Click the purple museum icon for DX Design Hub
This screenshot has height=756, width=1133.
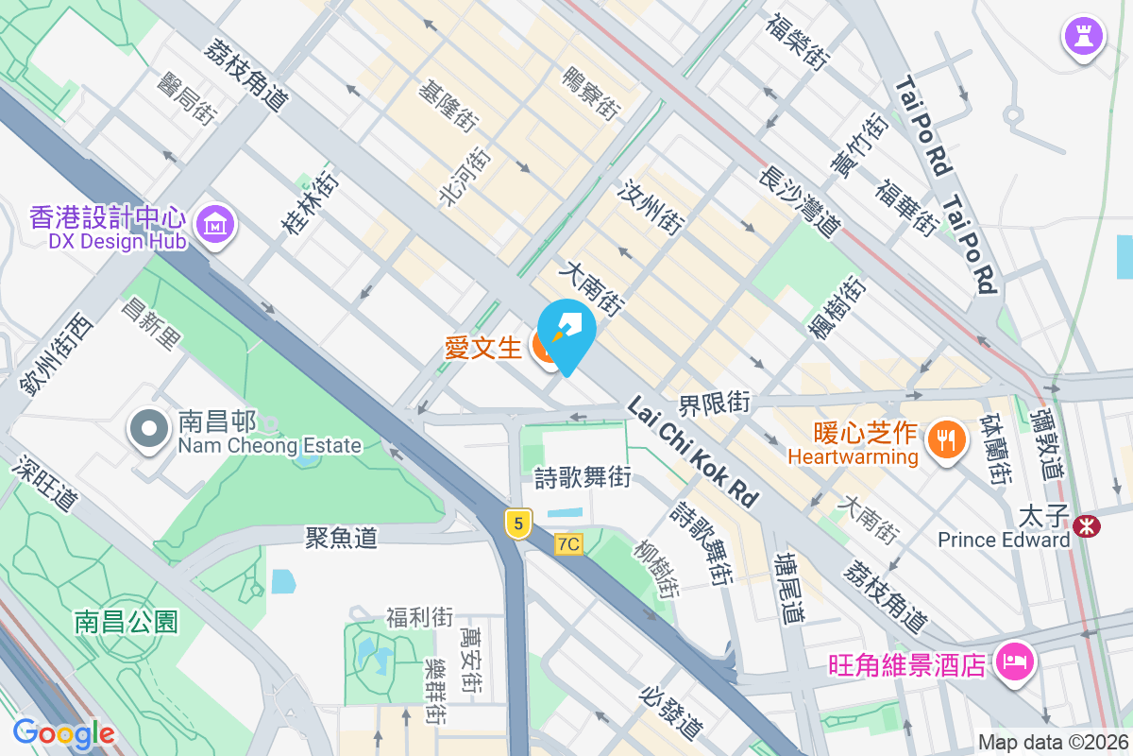(217, 224)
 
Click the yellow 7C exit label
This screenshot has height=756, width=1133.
(568, 543)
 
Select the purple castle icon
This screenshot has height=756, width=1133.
(1083, 37)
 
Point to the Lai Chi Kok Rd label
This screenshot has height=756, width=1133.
(694, 452)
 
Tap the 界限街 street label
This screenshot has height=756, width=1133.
(713, 404)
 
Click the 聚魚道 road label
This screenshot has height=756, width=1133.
(341, 538)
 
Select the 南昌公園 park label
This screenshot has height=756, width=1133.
(127, 621)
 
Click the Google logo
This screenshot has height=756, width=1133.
(63, 732)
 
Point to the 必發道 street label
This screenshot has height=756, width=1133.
(671, 713)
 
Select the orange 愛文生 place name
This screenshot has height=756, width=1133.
(482, 348)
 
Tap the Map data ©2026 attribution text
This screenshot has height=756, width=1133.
(1053, 742)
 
